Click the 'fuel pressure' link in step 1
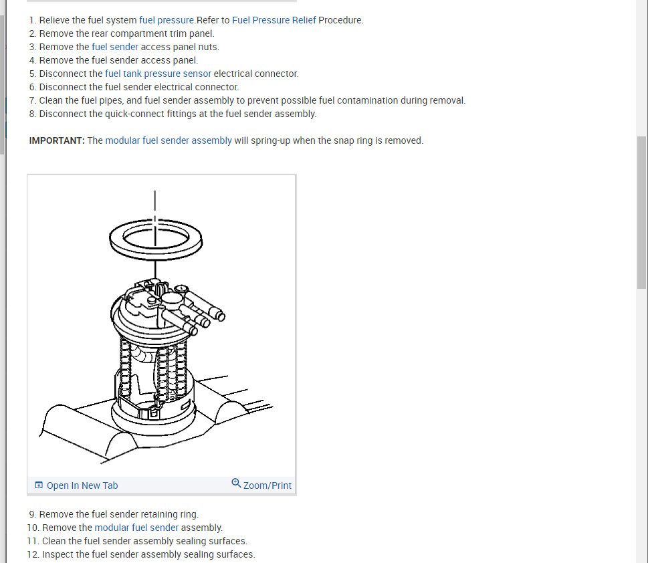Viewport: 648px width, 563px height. (167, 20)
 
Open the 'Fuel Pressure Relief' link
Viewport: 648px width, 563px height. (274, 20)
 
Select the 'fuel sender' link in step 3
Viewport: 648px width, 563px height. (115, 47)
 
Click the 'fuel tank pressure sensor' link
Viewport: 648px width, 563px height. (158, 74)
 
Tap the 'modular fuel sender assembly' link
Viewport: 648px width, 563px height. (169, 140)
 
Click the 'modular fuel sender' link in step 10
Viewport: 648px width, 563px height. (136, 528)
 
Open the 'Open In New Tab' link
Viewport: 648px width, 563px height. (82, 485)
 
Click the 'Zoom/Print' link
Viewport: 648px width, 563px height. (267, 485)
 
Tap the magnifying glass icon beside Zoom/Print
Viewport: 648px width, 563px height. (236, 483)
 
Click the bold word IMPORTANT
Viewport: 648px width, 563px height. (57, 140)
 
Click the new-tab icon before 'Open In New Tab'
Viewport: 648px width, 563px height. (39, 485)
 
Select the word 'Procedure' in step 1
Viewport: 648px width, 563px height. (340, 20)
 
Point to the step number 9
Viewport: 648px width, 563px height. (32, 514)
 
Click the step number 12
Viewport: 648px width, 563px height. (33, 554)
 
